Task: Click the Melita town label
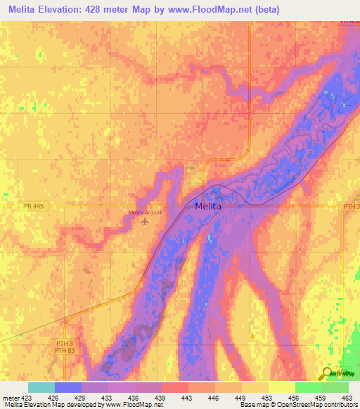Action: [207, 207]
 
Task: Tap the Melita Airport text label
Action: [145, 212]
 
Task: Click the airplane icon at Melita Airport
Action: [146, 222]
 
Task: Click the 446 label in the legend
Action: [212, 397]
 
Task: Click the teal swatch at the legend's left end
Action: [41, 387]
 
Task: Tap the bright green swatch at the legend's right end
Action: [335, 387]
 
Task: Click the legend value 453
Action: [266, 397]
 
